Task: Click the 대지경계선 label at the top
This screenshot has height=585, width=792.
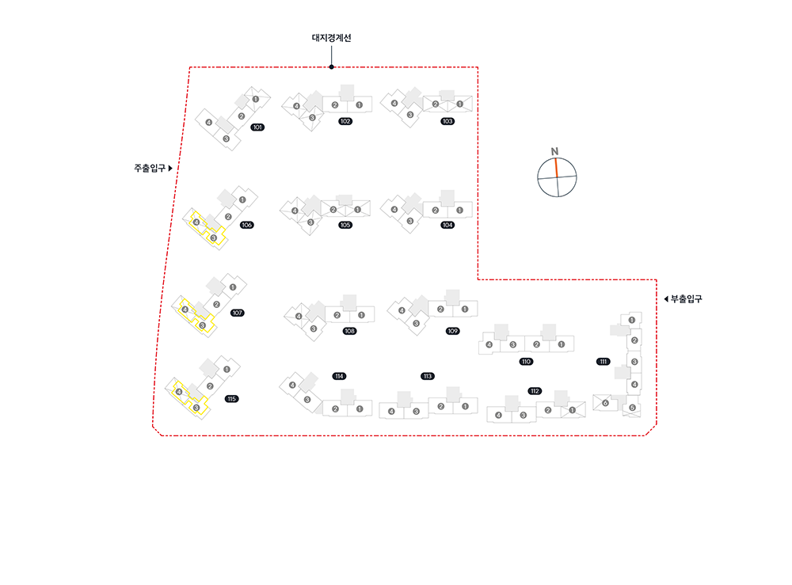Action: click(x=331, y=38)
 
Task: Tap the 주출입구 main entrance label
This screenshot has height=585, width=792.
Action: click(x=150, y=168)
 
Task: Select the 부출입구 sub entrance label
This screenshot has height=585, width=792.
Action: click(x=687, y=298)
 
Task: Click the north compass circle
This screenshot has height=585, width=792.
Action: click(x=557, y=177)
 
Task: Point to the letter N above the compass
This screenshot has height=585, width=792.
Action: click(x=555, y=151)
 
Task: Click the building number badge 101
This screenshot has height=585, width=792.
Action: click(x=257, y=127)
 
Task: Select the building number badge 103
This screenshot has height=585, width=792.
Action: click(x=447, y=121)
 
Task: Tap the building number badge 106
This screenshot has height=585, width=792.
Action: click(x=247, y=225)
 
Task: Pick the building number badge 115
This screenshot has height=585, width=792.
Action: click(x=231, y=398)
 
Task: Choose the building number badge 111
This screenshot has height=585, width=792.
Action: click(x=604, y=362)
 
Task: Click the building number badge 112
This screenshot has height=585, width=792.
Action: click(x=535, y=391)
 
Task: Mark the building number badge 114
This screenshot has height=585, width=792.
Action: click(x=340, y=375)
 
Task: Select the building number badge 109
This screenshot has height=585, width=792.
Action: click(x=453, y=330)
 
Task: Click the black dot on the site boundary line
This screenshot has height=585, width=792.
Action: click(x=331, y=67)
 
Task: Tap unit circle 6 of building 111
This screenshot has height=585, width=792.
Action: click(x=606, y=403)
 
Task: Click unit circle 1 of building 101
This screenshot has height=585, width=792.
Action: click(x=255, y=99)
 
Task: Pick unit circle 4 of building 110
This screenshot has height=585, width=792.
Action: click(x=489, y=344)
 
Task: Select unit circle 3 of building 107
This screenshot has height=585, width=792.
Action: click(x=202, y=325)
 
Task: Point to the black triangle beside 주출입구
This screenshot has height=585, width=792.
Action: click(x=170, y=168)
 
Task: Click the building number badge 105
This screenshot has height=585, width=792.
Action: click(x=345, y=225)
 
